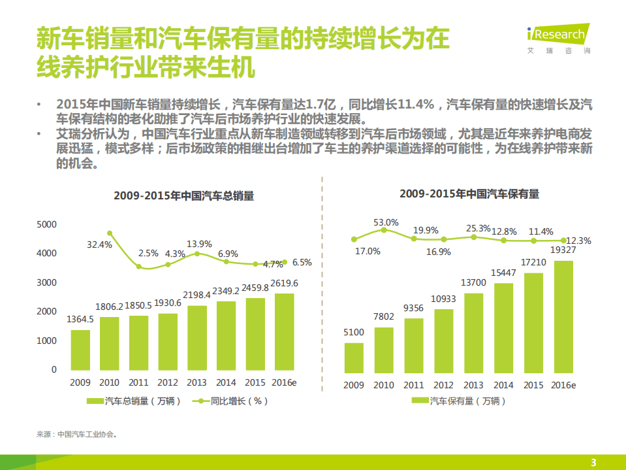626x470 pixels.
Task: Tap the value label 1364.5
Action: [x=81, y=320]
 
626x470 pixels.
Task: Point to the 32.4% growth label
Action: [x=99, y=244]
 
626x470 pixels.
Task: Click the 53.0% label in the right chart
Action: [x=386, y=222]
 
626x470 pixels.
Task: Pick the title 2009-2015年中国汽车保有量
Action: [x=469, y=194]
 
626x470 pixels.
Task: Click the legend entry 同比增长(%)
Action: [x=239, y=401]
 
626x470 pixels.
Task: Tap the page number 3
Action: [x=593, y=462]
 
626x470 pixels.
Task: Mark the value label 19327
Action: [x=563, y=250]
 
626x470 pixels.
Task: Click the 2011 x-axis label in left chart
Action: [x=139, y=382]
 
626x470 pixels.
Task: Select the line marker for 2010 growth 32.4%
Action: [x=110, y=233]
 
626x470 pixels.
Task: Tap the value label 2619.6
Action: [x=285, y=283]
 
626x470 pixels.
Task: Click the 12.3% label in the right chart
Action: [x=578, y=241]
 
